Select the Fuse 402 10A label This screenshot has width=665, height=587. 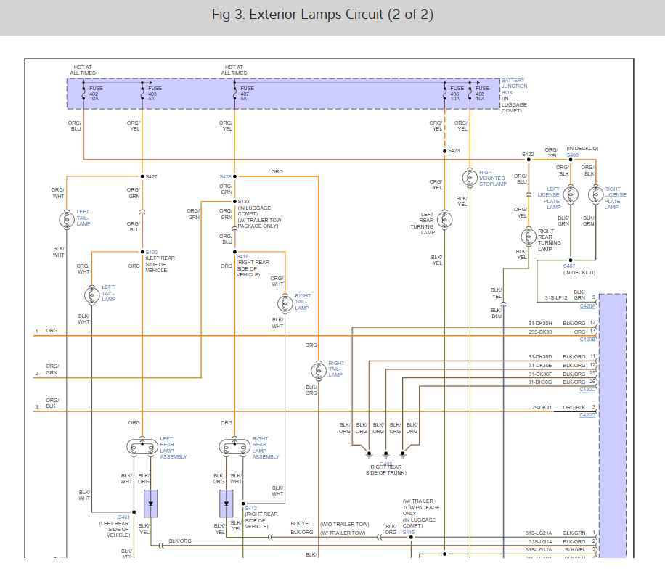coord(95,91)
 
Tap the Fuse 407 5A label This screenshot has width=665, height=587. coord(246,91)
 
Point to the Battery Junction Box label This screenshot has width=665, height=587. coord(514,95)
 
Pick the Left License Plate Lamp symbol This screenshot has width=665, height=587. coord(571,195)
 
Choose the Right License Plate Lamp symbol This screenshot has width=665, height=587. coord(595,195)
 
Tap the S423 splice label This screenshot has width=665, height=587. coord(454,151)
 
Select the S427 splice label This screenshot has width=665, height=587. coord(151,176)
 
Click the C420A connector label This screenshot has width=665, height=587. coord(587,306)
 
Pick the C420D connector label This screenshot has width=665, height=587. coord(587,416)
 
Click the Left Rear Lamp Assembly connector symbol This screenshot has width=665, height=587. coord(141,447)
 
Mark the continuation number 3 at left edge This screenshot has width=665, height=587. coord(36,407)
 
